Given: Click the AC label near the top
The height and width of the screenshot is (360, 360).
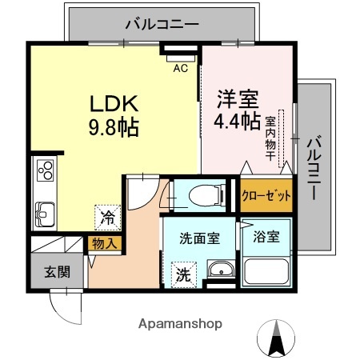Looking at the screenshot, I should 181,68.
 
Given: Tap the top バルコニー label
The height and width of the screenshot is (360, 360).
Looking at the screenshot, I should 162,25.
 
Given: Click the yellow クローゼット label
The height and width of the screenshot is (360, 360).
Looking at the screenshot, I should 267,194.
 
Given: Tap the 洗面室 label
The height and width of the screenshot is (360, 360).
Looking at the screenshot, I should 195,238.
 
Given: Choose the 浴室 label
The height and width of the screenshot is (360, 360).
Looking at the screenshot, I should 266,237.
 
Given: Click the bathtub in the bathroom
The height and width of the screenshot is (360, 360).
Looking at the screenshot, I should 267,270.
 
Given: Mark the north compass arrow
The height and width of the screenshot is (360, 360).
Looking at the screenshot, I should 277,338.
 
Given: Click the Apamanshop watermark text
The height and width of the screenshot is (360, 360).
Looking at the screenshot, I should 181,325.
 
